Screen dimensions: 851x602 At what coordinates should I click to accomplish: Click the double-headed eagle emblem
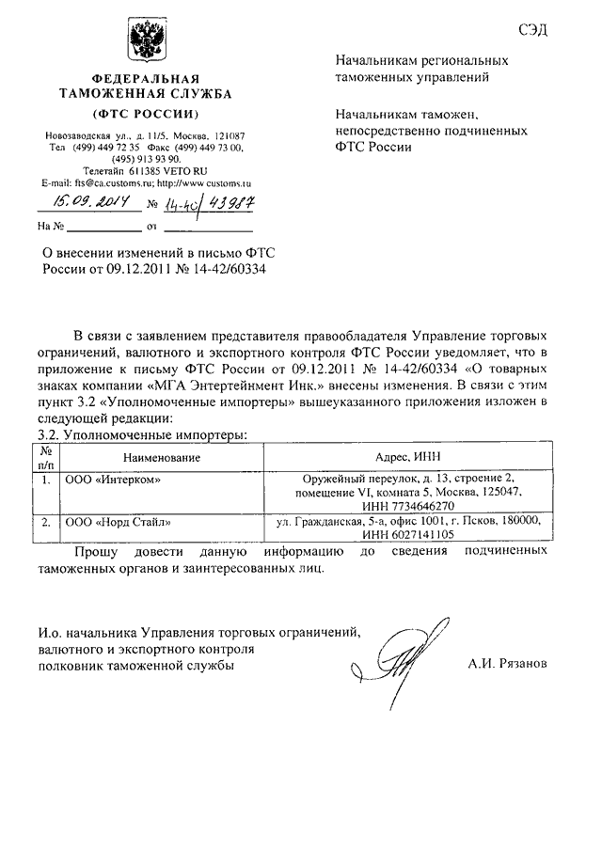[146, 42]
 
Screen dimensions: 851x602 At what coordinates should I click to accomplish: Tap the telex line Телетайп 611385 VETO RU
[145, 172]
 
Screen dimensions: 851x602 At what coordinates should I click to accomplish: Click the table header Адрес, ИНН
[404, 457]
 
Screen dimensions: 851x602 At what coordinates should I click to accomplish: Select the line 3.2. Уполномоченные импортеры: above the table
[141, 434]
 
